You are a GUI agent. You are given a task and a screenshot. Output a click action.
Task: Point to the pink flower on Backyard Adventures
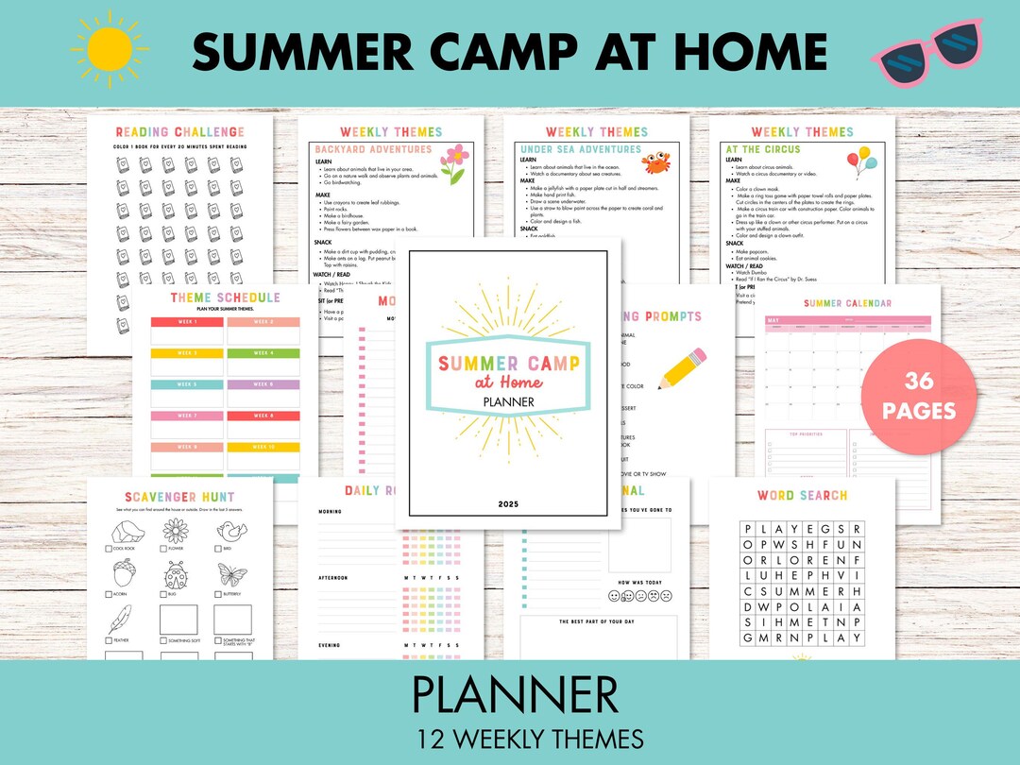[x=454, y=162]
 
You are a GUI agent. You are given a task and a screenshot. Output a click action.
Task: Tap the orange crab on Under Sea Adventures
[x=656, y=162]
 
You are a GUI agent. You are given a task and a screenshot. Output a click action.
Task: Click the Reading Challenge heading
[x=179, y=132]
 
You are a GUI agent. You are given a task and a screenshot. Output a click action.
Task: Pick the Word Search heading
[x=802, y=495]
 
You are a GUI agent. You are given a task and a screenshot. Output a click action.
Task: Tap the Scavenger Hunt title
[x=179, y=497]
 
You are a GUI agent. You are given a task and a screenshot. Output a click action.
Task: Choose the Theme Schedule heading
[x=225, y=297]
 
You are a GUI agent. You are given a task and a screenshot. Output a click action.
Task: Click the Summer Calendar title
[x=847, y=303]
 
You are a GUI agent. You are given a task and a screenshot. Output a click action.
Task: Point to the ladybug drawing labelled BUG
[x=177, y=575]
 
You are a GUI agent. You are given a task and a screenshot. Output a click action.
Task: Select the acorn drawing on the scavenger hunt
[x=123, y=573]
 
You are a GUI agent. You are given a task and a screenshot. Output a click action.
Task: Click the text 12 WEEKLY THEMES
[x=509, y=739]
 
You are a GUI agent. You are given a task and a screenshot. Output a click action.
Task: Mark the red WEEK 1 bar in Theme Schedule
[x=187, y=322]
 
